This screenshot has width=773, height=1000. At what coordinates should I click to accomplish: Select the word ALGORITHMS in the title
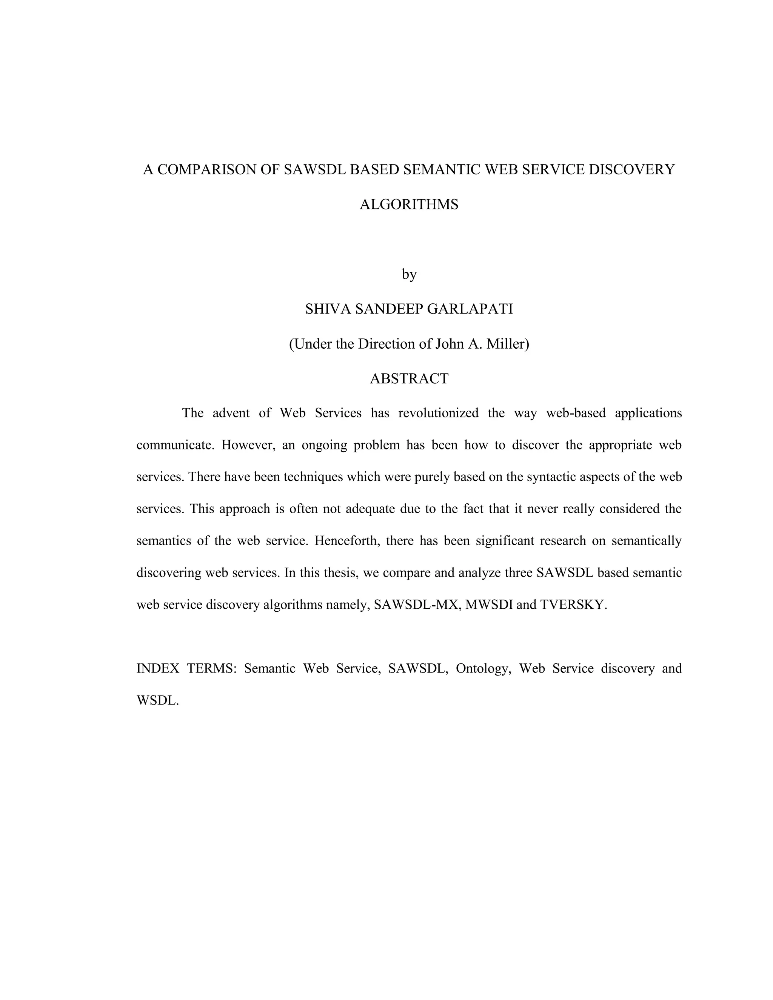[x=409, y=205]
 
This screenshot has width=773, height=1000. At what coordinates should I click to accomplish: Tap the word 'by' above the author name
[x=409, y=275]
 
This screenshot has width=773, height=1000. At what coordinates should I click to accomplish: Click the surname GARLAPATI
[x=470, y=309]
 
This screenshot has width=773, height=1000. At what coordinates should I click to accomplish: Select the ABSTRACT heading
[x=409, y=379]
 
